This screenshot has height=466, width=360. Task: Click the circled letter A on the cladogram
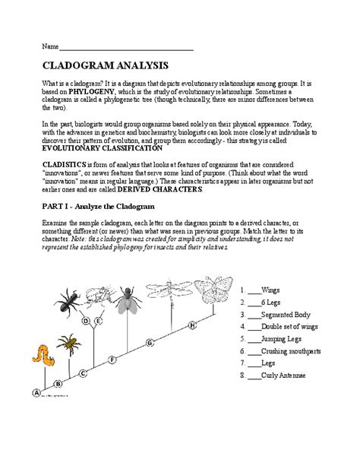point(35,392)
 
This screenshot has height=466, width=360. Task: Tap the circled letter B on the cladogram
point(58,384)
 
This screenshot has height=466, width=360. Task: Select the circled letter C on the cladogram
point(82,372)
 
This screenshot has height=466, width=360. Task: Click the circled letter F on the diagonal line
point(112,358)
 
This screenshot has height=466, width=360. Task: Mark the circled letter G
point(150,343)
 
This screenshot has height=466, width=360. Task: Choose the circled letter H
point(192,325)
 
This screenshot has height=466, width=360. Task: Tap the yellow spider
point(68,346)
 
